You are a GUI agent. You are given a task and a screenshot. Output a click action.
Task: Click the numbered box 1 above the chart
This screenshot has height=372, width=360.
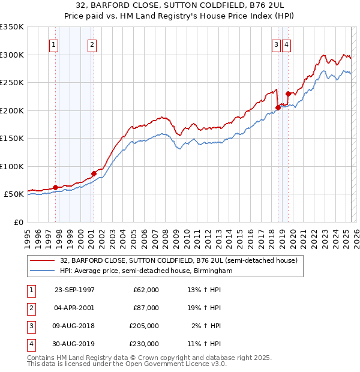[x=54, y=44]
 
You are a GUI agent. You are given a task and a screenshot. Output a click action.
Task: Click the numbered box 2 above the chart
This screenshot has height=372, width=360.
[x=92, y=44]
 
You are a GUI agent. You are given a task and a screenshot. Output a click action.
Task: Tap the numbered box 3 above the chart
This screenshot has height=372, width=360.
[x=276, y=44]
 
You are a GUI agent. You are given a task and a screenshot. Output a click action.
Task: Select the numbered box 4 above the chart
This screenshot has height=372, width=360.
[x=287, y=44]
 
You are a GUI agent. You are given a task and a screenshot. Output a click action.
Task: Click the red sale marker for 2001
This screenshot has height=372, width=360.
[x=94, y=174]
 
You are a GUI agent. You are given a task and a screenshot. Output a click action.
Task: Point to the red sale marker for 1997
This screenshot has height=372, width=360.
[x=56, y=188]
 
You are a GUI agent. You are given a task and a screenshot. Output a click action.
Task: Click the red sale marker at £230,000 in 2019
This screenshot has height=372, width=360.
[x=289, y=94]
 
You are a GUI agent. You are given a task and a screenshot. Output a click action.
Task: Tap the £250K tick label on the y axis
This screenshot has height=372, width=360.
[x=12, y=82]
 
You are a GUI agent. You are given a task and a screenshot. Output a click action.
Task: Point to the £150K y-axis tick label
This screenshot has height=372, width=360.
[x=12, y=138]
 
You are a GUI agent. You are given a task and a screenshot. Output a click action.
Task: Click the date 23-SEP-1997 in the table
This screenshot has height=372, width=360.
[x=74, y=290]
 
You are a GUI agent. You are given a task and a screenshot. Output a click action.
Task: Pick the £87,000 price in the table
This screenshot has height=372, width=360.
[x=146, y=308]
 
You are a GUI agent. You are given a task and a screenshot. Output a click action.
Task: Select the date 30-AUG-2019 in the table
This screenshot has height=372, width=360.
[x=74, y=344]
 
